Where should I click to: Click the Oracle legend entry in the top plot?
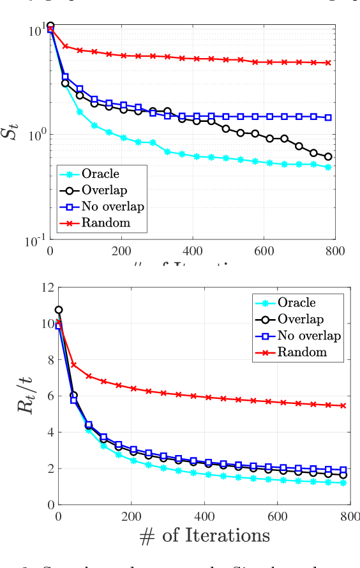point(101,173)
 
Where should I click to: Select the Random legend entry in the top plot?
point(105,222)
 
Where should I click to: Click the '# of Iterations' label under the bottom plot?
point(204,535)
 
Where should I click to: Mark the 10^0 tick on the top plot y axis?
point(34,135)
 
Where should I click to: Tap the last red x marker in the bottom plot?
point(343,405)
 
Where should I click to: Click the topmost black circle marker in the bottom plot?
point(59,310)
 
